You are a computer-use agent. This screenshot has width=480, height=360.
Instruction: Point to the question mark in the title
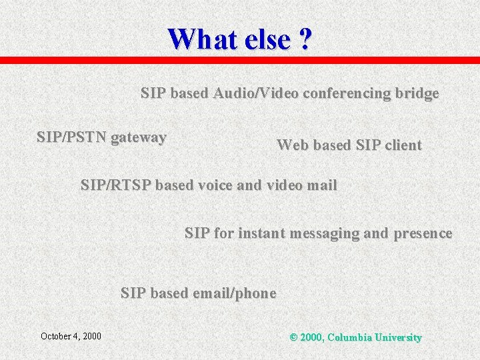305,39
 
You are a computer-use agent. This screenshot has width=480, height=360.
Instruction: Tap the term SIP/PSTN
71,138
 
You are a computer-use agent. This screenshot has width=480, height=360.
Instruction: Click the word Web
292,145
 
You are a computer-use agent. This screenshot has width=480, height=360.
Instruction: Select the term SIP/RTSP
115,185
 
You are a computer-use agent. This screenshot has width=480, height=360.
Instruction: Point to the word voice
214,185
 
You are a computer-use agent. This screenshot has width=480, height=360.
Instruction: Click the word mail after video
321,185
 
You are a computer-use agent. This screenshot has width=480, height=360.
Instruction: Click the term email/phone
234,293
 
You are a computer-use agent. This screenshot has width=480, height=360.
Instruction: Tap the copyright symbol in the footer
293,337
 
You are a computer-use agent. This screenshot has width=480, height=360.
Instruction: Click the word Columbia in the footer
350,337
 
